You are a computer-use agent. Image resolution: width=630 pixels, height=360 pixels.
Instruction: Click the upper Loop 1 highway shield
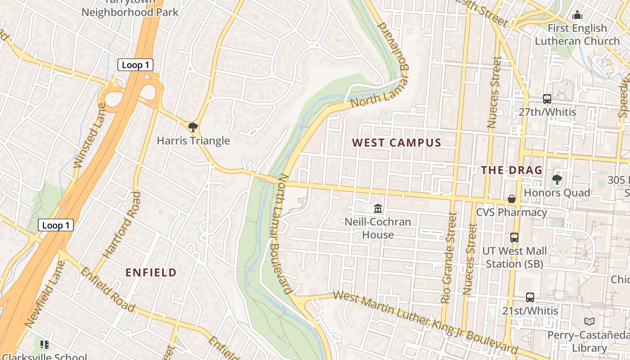click(x=135, y=65)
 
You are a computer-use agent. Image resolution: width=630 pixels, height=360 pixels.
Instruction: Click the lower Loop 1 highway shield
click(x=55, y=225)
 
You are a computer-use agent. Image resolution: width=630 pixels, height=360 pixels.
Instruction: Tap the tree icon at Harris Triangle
click(x=193, y=127)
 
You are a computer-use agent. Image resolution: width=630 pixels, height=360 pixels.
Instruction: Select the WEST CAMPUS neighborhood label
click(x=396, y=143)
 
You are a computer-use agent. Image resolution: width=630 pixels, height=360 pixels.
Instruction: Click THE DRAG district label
click(x=512, y=171)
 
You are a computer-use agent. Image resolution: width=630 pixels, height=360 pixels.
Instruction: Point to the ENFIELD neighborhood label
click(x=151, y=273)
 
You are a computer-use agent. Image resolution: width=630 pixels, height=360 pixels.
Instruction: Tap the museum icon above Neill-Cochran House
click(x=378, y=208)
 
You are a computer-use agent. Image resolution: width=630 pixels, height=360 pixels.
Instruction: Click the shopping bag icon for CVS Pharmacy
click(x=512, y=198)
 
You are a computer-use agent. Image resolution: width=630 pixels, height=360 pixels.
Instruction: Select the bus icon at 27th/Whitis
click(x=547, y=99)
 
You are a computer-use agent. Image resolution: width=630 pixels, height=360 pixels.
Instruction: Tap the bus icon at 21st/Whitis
click(x=530, y=297)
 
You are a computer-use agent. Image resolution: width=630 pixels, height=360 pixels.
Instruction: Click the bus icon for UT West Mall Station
click(x=514, y=237)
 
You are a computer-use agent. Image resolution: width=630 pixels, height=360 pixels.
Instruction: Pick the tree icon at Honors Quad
click(x=557, y=180)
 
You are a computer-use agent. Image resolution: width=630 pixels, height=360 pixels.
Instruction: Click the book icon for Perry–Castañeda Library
click(x=589, y=321)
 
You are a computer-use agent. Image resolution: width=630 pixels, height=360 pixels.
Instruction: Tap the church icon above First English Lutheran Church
click(x=577, y=15)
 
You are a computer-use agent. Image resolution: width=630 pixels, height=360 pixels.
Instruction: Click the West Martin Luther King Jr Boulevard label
click(x=425, y=321)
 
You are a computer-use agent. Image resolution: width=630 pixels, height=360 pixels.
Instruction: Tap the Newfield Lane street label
click(x=45, y=294)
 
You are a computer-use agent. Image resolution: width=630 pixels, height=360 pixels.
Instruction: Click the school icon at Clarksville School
click(x=45, y=345)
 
